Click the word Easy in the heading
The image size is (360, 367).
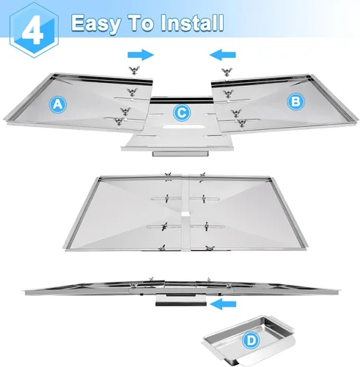point(96,23)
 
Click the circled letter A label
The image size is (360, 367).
point(58,104)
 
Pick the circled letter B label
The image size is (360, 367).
point(295,101)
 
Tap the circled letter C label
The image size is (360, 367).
point(182,113)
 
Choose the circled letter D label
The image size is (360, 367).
point(251,341)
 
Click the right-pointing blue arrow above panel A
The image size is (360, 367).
point(141,55)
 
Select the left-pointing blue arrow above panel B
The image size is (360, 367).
point(223,55)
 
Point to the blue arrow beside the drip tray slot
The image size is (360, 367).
point(223,304)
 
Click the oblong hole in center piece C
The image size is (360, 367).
point(183,127)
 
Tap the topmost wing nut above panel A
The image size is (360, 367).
point(134,70)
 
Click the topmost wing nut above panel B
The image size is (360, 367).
point(227,72)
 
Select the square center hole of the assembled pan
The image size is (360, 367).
point(186,214)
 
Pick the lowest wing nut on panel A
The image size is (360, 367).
point(119,122)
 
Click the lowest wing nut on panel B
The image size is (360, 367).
point(242,123)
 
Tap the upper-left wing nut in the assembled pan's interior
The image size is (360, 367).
point(166,198)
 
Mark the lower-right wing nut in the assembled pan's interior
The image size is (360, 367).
point(206,226)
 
